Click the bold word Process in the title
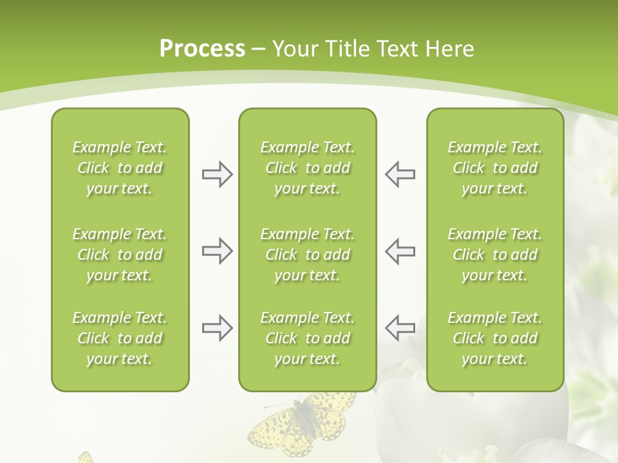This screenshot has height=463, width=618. pyautogui.click(x=202, y=49)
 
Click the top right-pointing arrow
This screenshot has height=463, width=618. pyautogui.click(x=217, y=174)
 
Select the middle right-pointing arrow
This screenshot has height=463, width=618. pyautogui.click(x=217, y=251)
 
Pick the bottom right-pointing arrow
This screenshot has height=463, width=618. pyautogui.click(x=217, y=328)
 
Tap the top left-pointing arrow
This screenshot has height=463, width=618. pyautogui.click(x=400, y=174)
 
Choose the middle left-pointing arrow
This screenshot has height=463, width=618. pyautogui.click(x=400, y=251)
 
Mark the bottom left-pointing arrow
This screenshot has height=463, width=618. pyautogui.click(x=400, y=328)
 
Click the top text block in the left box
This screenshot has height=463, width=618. pyautogui.click(x=120, y=168)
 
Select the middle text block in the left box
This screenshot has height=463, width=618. pyautogui.click(x=120, y=255)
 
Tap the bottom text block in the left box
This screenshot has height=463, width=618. pyautogui.click(x=120, y=338)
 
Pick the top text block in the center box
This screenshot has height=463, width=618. pyautogui.click(x=307, y=168)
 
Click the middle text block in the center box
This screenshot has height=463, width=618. pyautogui.click(x=307, y=255)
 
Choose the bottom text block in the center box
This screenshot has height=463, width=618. pyautogui.click(x=307, y=338)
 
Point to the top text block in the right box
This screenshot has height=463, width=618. pyautogui.click(x=494, y=168)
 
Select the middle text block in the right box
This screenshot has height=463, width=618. pyautogui.click(x=494, y=255)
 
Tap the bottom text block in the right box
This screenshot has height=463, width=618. pyautogui.click(x=494, y=338)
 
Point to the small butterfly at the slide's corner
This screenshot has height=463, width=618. pyautogui.click(x=86, y=457)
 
